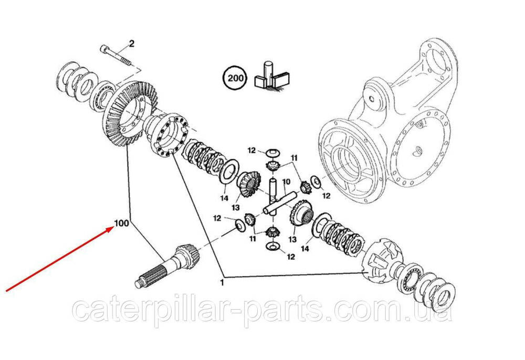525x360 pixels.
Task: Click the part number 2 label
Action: [x=132, y=44]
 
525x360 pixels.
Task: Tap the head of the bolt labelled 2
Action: [x=103, y=49]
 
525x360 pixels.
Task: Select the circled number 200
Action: [x=236, y=79]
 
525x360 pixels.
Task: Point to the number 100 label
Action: [x=121, y=223]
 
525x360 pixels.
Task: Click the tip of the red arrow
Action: [x=113, y=227]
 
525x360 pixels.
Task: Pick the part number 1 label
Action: [x=222, y=283]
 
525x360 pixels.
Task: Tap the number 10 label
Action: [x=286, y=182]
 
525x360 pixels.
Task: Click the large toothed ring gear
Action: [x=129, y=114]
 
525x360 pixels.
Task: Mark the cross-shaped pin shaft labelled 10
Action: [x=277, y=199]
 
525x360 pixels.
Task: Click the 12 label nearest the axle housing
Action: [x=326, y=196]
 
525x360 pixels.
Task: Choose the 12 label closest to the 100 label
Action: [x=217, y=218]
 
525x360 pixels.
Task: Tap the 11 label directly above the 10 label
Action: [x=293, y=157]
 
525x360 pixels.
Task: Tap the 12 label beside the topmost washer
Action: [x=251, y=151]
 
